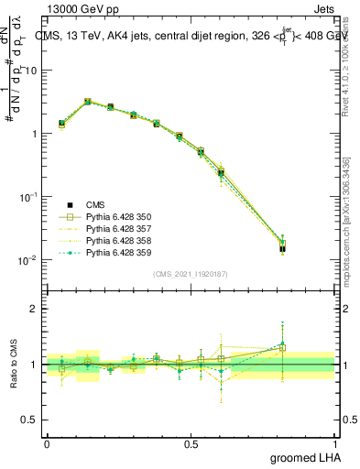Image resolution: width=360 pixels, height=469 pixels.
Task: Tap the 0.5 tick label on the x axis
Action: point(191,442)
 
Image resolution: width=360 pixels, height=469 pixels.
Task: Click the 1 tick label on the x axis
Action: point(335,442)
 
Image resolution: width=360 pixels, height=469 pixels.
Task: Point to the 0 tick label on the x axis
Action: point(47,442)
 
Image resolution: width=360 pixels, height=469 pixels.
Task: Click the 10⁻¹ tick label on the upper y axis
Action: point(29,197)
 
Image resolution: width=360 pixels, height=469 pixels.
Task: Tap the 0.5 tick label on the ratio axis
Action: point(29,420)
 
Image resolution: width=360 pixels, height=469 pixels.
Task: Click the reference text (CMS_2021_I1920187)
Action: point(191,274)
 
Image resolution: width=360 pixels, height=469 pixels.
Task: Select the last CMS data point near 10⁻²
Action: point(282,247)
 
